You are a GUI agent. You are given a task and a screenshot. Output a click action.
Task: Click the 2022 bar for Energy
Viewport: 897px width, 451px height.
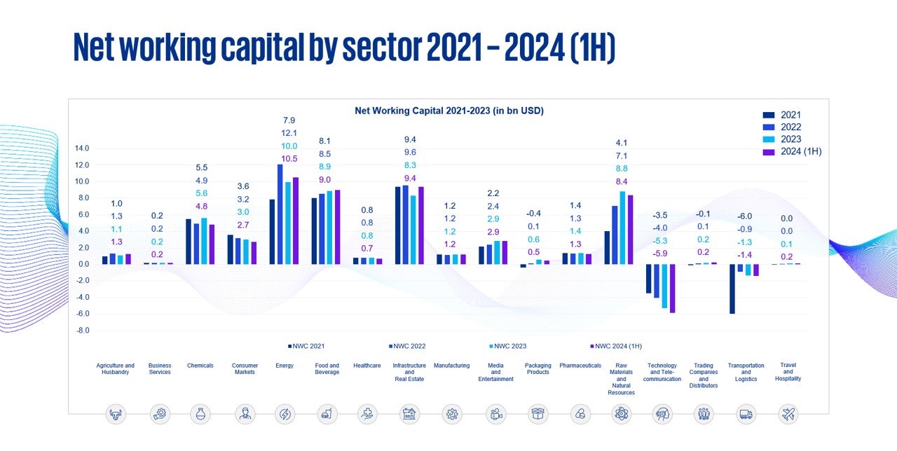280,214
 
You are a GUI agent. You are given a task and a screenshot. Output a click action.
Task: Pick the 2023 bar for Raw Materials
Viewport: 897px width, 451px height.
622,228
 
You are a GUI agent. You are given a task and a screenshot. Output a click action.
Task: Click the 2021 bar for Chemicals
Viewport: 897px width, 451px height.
189,242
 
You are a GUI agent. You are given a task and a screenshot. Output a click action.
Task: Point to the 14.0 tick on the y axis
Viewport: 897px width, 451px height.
82,148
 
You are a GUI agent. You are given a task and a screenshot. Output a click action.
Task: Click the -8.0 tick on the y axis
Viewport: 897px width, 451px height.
83,331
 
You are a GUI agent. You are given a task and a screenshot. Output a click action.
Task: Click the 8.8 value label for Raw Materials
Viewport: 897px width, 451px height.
621,169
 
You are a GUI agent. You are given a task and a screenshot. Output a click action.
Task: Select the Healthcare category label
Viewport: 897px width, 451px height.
367,366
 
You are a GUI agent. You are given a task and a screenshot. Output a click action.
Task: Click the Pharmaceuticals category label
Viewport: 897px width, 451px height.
580,366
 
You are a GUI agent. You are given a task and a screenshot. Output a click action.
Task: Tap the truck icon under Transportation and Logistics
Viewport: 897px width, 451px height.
746,415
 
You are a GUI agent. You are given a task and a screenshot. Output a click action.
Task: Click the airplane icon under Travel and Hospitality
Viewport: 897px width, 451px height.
788,415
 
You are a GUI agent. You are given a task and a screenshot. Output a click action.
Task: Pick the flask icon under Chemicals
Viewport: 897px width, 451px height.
200,415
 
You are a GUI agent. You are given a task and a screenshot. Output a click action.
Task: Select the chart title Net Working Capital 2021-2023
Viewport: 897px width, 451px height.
449,111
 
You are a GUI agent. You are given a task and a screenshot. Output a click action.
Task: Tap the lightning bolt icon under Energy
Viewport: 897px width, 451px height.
285,415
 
